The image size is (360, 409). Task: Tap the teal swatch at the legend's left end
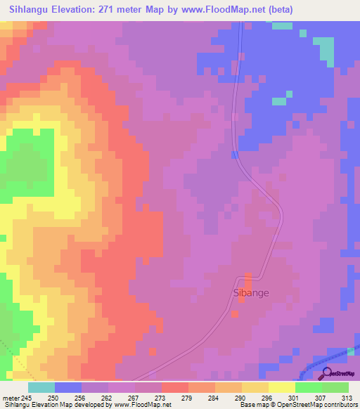pyautogui.click(x=41, y=387)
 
